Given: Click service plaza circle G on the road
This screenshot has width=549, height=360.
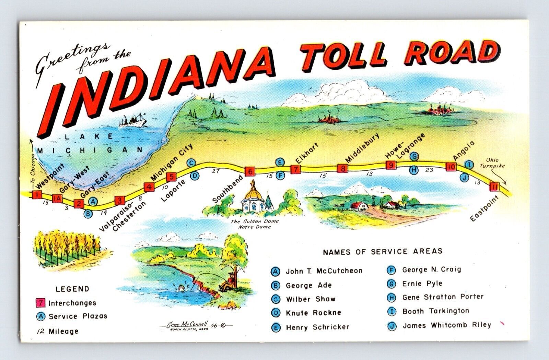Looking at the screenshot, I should (x=414, y=156).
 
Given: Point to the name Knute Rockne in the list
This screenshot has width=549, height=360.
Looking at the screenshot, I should (x=313, y=313).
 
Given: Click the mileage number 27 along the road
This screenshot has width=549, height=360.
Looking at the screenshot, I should (x=215, y=170).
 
